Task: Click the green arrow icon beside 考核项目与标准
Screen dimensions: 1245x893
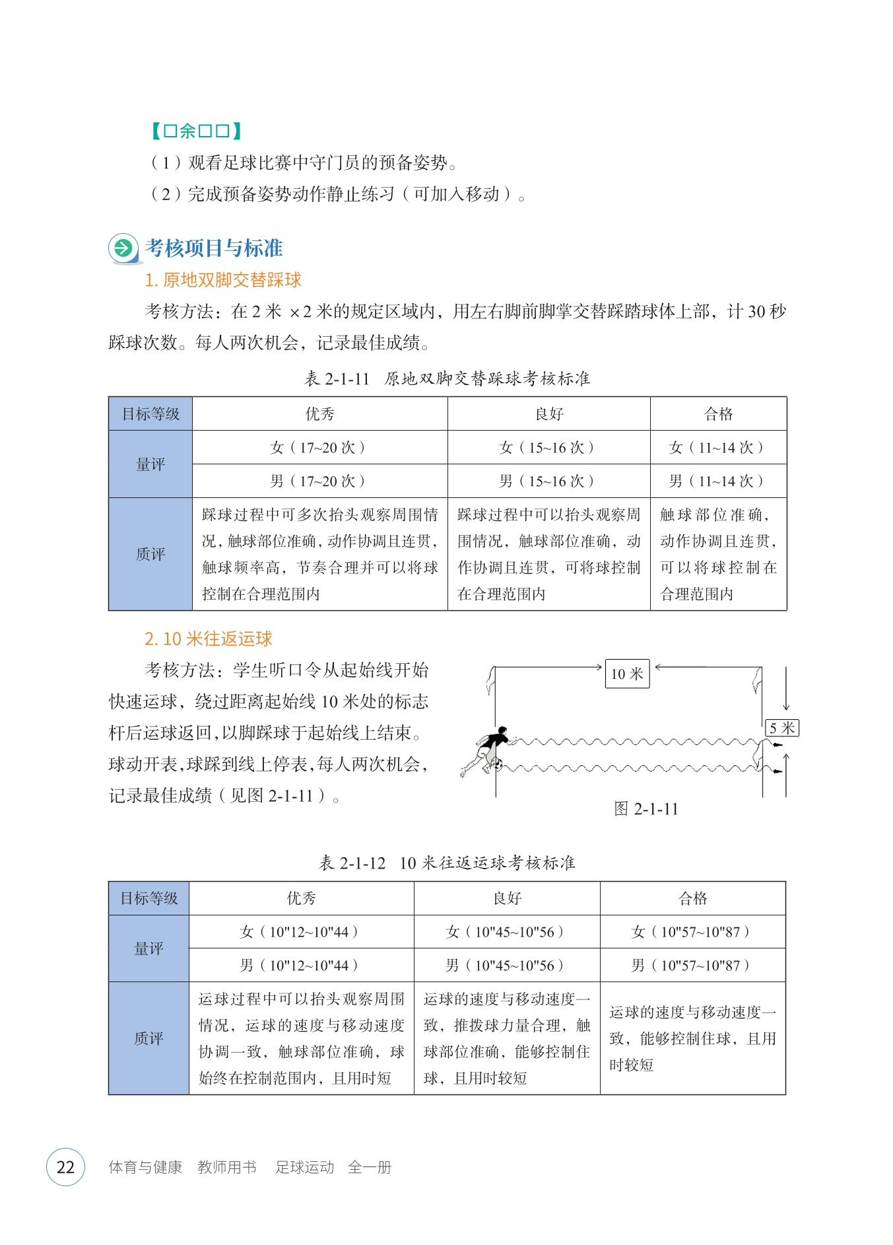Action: [123, 249]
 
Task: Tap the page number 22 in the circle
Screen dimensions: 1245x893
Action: [65, 1167]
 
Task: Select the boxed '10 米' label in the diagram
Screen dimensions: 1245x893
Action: [627, 674]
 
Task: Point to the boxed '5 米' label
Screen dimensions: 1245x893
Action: [781, 728]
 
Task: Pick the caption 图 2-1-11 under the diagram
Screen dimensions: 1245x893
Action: [645, 809]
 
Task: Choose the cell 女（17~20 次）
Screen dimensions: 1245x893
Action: [319, 448]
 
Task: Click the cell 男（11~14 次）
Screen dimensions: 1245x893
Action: [718, 481]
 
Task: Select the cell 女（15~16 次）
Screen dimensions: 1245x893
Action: [548, 448]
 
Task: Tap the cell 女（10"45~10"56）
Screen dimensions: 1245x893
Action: [506, 932]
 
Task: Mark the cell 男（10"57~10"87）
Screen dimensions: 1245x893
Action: [692, 966]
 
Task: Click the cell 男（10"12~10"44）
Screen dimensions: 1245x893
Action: [301, 966]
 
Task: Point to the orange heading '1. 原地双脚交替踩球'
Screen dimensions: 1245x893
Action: [223, 280]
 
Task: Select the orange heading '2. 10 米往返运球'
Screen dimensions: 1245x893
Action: [209, 639]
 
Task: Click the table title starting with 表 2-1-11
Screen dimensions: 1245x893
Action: [447, 378]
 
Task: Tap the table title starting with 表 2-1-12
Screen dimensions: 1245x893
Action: [447, 863]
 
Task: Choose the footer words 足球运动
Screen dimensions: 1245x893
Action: [305, 1167]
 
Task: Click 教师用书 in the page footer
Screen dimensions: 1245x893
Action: [227, 1167]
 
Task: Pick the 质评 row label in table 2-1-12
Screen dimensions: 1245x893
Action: [149, 1038]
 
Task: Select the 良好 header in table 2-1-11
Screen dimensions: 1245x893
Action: [548, 414]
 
